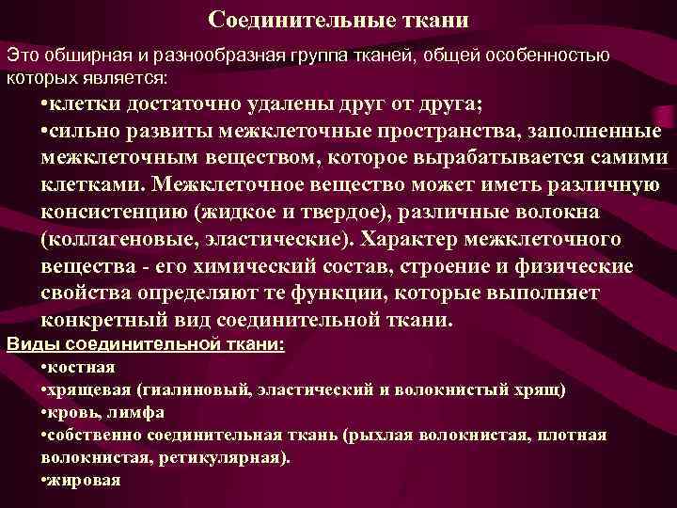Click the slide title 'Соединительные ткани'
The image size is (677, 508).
[338, 20]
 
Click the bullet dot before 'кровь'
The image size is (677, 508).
[45, 412]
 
